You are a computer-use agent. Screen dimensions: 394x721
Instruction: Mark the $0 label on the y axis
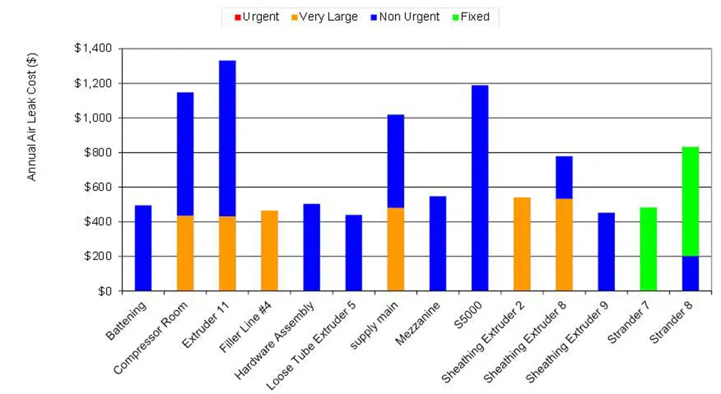[x=105, y=291]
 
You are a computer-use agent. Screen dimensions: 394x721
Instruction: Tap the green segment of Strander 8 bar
[x=690, y=201]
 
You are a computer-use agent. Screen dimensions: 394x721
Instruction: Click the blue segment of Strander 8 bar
[x=690, y=274]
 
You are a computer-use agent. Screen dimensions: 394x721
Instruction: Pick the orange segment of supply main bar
[x=396, y=249]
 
